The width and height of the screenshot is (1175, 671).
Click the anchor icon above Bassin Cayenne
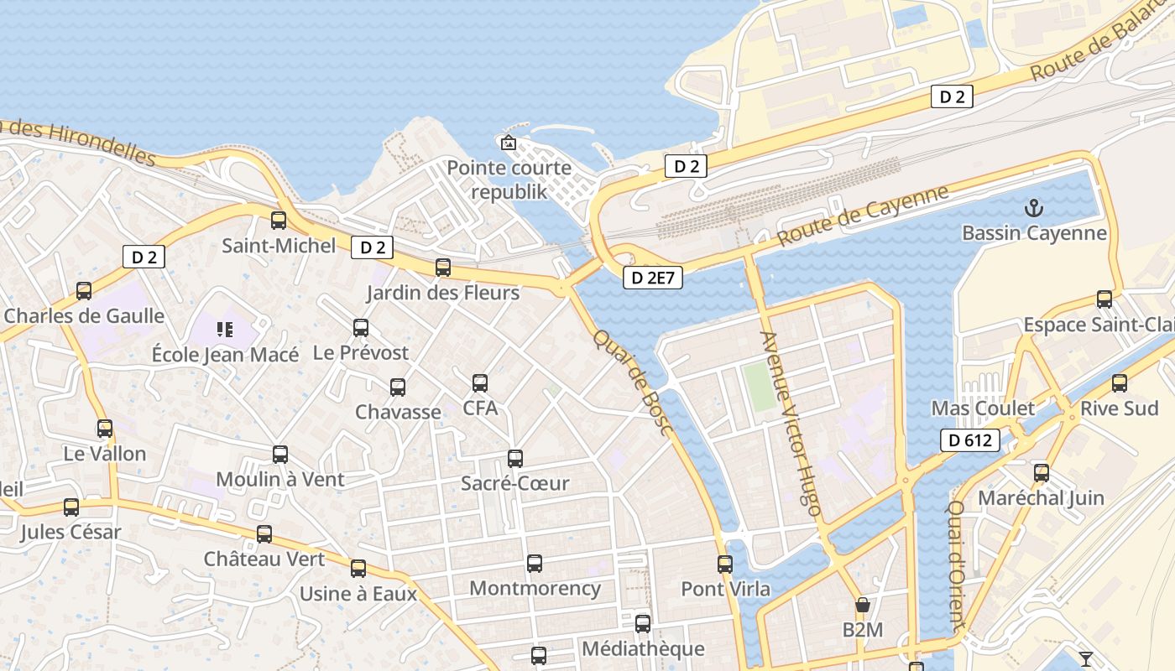pos(1034,207)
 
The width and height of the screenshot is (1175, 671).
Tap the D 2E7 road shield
pos(652,278)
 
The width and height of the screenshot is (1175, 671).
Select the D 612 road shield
pos(970,440)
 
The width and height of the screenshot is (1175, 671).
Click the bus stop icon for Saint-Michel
pos(279,221)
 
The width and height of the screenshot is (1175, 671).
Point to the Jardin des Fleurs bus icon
pos(443,268)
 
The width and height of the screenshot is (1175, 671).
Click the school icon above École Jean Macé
pos(224,330)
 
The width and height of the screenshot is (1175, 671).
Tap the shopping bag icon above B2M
pos(862,605)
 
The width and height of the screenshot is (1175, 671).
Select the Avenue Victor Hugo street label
pos(790,424)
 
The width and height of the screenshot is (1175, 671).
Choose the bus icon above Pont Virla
pos(725,564)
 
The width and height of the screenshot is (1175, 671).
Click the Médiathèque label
pos(643,648)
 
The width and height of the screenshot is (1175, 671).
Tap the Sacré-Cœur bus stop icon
pos(515,459)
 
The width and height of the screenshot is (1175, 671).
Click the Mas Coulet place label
pos(983,408)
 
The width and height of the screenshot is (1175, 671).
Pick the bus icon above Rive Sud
pos(1120,384)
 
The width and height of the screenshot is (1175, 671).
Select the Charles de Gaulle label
pos(84,316)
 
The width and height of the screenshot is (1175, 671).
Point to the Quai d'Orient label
pos(958,565)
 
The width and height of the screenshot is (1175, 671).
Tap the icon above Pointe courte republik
pos(508,143)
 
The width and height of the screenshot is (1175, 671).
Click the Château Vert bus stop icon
pos(264,534)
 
